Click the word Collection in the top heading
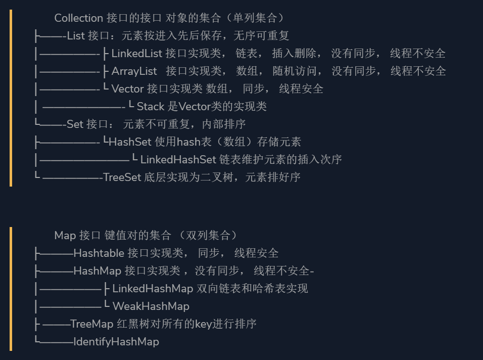(x=78, y=18)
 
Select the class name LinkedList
(x=136, y=54)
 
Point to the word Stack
(x=151, y=107)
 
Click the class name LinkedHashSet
(x=178, y=160)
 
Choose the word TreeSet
(x=122, y=177)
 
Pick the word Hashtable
(x=99, y=253)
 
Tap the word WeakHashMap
(x=151, y=306)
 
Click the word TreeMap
(x=91, y=324)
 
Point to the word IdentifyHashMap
(x=116, y=342)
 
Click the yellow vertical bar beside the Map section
(x=11, y=289)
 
